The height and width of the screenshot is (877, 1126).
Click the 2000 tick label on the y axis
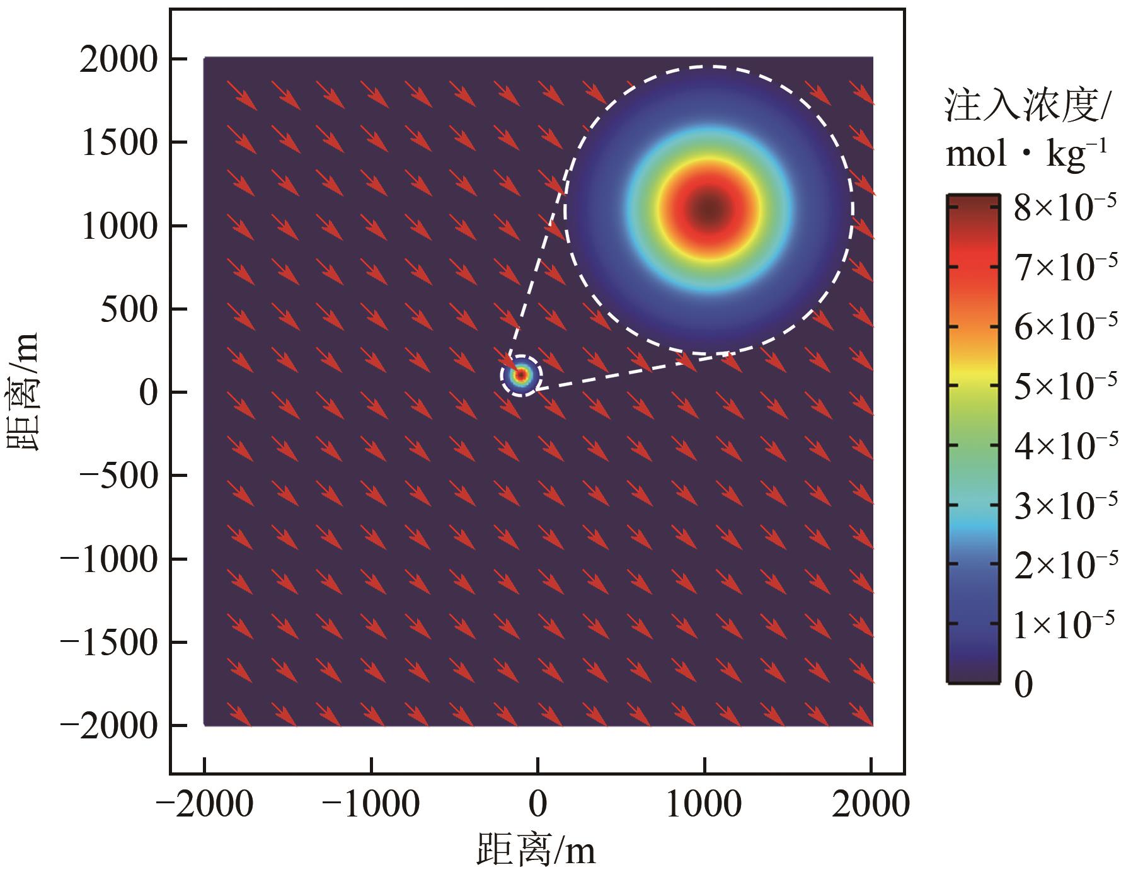[118, 60]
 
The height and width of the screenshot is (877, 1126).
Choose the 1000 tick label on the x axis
[704, 805]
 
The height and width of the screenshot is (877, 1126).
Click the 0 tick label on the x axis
[537, 805]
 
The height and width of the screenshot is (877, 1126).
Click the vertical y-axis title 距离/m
[24, 392]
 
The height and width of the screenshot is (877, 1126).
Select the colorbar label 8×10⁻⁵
[1065, 209]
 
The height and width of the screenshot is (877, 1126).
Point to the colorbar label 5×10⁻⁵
[1065, 386]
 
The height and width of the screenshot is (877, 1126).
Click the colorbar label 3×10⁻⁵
[1065, 505]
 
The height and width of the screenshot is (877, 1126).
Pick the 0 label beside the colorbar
[1024, 684]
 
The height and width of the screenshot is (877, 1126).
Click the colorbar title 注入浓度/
[1027, 106]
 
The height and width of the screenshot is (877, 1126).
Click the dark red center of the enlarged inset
[709, 209]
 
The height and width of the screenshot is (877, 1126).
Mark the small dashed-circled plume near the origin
[521, 375]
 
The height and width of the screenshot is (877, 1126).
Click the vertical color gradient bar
[974, 439]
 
